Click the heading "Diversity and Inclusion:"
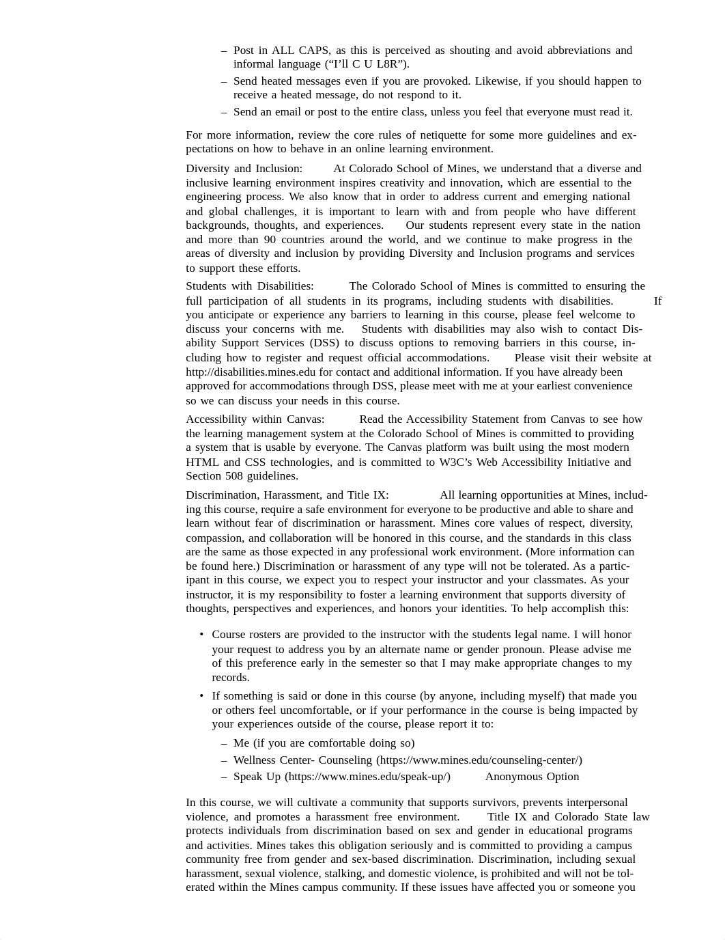244,169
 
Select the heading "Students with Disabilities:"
250,286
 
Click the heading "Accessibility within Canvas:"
255,419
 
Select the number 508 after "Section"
236,476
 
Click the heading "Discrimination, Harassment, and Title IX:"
287,495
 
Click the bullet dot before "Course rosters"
201,635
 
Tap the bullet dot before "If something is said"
201,696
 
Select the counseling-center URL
479,760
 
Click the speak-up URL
367,777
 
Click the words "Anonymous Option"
532,777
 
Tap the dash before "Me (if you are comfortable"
224,743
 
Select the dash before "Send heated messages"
224,81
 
